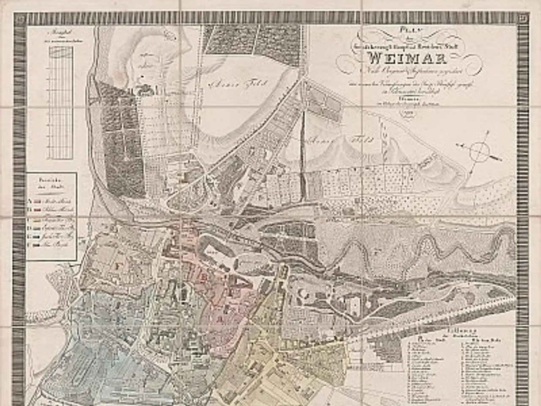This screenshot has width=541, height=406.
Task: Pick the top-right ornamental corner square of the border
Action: [523, 17]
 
